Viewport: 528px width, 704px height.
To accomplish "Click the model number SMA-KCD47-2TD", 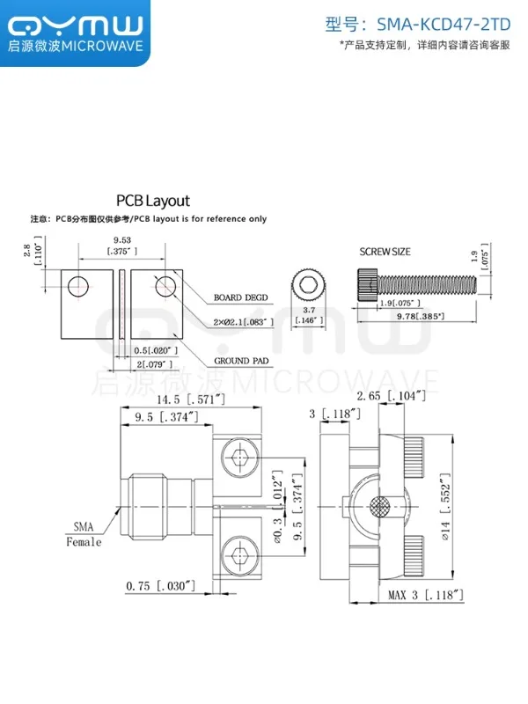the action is click(x=444, y=25).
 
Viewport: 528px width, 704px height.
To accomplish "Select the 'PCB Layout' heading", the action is click(x=153, y=201).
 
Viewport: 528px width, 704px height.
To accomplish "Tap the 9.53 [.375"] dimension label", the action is click(x=122, y=246).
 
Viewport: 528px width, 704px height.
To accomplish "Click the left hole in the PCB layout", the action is click(x=78, y=286).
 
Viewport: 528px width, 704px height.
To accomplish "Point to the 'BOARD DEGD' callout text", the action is click(x=240, y=297).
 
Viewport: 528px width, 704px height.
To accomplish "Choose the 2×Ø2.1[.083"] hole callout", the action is click(x=244, y=322).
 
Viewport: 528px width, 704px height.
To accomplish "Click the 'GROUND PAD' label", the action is click(x=241, y=361).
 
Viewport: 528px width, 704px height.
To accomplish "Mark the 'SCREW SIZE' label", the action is click(x=385, y=252).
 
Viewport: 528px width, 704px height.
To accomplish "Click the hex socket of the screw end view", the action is click(x=308, y=284).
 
